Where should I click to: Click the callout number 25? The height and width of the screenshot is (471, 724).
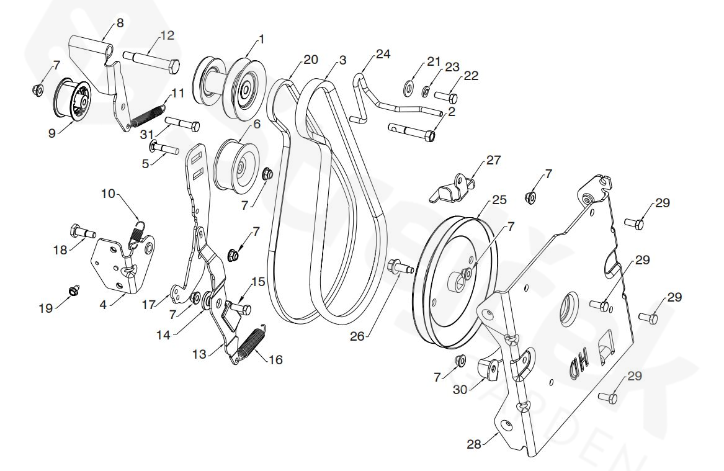(x=499, y=200)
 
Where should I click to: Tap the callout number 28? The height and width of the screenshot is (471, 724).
(x=473, y=444)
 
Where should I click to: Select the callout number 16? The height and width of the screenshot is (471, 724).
(x=275, y=360)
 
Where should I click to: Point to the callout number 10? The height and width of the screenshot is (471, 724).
(x=108, y=194)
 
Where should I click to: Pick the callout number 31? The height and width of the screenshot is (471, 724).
(x=146, y=133)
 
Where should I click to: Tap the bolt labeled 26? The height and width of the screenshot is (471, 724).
(x=400, y=267)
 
